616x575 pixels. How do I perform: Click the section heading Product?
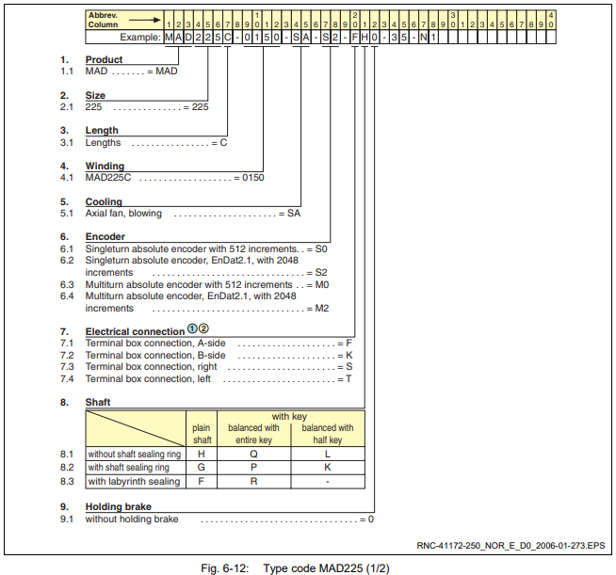pyautogui.click(x=104, y=59)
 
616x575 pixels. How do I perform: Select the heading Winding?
pyautogui.click(x=105, y=166)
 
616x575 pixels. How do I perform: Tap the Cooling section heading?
pyautogui.click(x=104, y=201)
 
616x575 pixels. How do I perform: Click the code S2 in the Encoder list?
pyautogui.click(x=321, y=272)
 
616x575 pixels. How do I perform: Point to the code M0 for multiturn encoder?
pyautogui.click(x=322, y=284)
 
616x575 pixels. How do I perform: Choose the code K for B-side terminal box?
pyautogui.click(x=349, y=355)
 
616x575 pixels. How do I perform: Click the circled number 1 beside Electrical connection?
pyautogui.click(x=192, y=329)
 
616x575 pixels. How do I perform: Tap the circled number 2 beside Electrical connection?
pyautogui.click(x=203, y=329)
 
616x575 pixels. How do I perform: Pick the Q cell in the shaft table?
pyautogui.click(x=253, y=455)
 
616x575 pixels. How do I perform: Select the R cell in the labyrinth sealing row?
pyautogui.click(x=253, y=481)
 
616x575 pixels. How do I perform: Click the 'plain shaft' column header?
pyautogui.click(x=202, y=434)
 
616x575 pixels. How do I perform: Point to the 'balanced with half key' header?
pyautogui.click(x=328, y=434)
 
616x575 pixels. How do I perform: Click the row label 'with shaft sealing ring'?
pyautogui.click(x=128, y=468)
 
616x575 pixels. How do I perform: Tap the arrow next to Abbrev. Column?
pyautogui.click(x=144, y=20)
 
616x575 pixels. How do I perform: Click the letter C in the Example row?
pyautogui.click(x=227, y=38)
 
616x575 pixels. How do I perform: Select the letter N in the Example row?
pyautogui.click(x=423, y=38)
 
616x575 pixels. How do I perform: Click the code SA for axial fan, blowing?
pyautogui.click(x=294, y=213)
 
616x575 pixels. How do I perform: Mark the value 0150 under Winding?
pyautogui.click(x=253, y=178)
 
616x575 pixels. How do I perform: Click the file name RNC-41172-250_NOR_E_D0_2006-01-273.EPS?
pyautogui.click(x=511, y=545)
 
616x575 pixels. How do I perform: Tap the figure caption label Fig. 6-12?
pyautogui.click(x=225, y=568)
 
